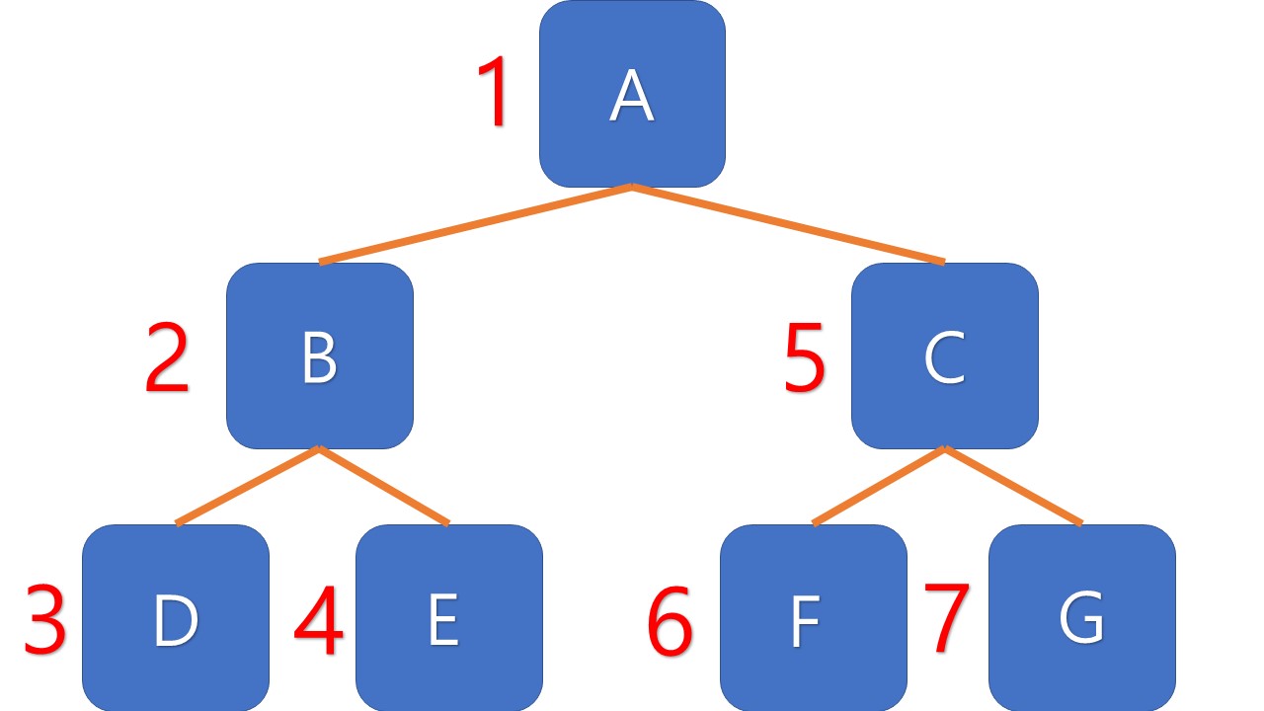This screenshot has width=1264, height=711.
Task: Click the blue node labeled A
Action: (x=632, y=94)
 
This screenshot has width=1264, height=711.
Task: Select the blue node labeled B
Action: (x=319, y=356)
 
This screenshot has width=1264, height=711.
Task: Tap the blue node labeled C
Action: (x=944, y=356)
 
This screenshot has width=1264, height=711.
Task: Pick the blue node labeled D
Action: (x=176, y=618)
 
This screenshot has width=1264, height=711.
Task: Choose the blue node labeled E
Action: (x=448, y=618)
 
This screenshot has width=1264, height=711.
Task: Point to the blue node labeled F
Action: (x=813, y=618)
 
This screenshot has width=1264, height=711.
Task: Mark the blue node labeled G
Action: (x=1081, y=618)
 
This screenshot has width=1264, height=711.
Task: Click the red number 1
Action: (x=493, y=93)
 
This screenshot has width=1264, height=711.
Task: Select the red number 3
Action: (x=45, y=621)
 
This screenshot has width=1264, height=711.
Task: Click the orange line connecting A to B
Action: (x=476, y=223)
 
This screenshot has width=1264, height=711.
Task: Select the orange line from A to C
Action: (x=788, y=223)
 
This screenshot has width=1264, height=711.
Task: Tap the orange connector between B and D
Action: (x=248, y=485)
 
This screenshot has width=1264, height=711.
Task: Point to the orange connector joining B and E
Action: (x=384, y=485)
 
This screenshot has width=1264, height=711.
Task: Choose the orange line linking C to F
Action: (x=879, y=485)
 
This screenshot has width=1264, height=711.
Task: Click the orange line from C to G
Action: (x=1013, y=485)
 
